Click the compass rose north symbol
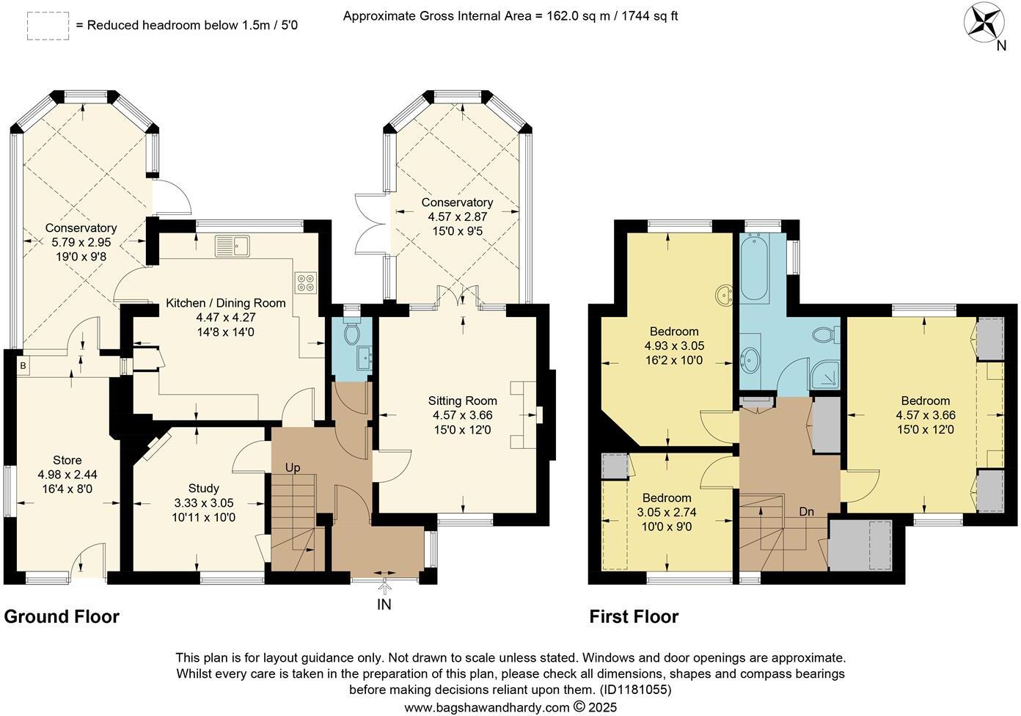coord(984,23)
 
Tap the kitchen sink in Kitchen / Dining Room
coord(233,246)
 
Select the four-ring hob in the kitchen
coord(305,282)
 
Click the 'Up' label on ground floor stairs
coord(293,467)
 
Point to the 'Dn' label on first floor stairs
coord(807,511)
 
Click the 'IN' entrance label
coord(384,604)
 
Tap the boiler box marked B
coord(23,365)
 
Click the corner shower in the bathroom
coord(827,374)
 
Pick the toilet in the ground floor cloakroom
coord(351,333)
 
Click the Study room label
coord(203,488)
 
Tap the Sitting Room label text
coord(463,401)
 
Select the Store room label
coord(67,460)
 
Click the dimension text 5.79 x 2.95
coord(81,241)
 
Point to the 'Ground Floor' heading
coord(62,616)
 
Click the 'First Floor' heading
coord(634,617)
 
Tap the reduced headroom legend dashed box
coord(48,26)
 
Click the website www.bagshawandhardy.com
coord(486,707)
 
